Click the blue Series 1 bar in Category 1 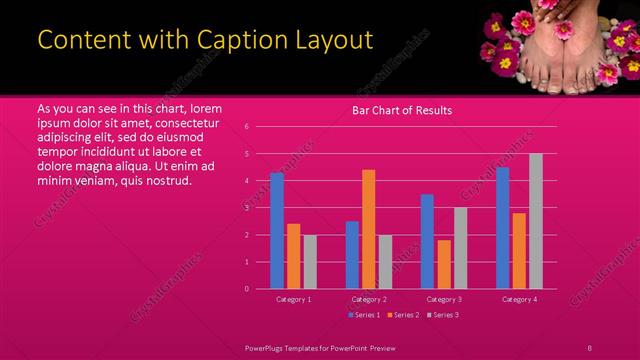pos(277,231)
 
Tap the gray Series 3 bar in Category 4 pos(536,221)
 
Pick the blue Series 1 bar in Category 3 pos(427,241)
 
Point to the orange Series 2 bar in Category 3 pos(444,264)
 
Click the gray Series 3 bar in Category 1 pos(309,262)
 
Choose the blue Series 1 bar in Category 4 pos(502,228)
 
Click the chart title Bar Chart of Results pos(402,110)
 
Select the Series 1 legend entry pos(364,315)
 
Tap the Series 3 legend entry pos(442,315)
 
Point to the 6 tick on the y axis pos(246,127)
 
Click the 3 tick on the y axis pos(246,208)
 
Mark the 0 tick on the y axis pos(246,289)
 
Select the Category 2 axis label pos(369,299)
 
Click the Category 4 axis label pos(519,299)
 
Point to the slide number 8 pos(590,347)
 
